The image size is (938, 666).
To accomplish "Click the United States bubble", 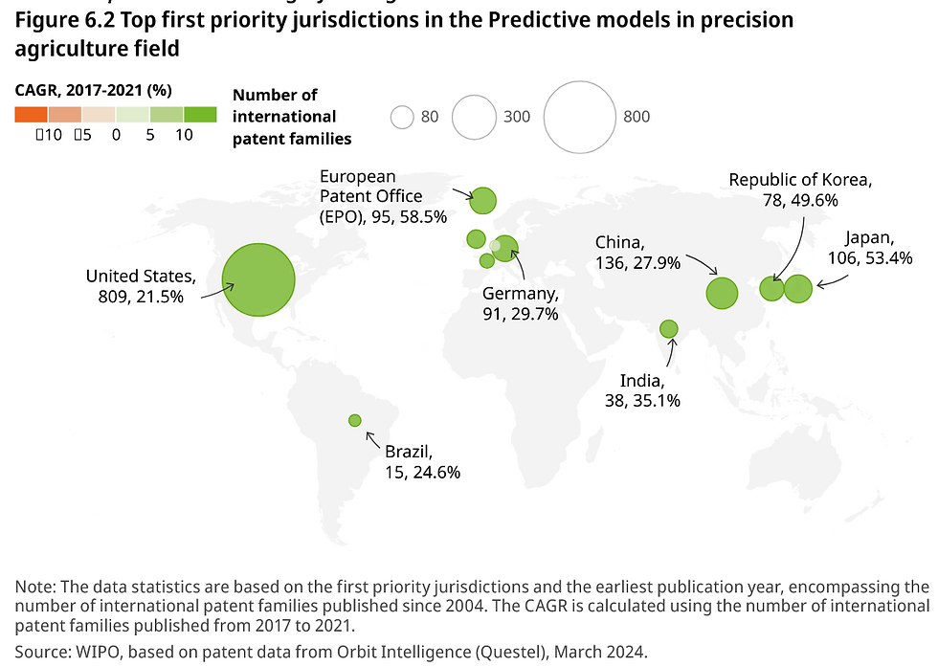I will pos(257,280).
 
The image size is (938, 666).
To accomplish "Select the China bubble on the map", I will pos(723,293).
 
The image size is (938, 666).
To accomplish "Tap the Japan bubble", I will pos(797,288).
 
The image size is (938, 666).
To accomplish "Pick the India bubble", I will pos(669,329).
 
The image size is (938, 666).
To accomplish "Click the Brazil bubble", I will pos(355,420).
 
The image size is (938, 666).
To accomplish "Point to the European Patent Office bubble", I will pos(483,200).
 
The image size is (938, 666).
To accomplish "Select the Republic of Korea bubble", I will pos(772,288).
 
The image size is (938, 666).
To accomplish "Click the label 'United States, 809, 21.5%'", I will pos(142,287).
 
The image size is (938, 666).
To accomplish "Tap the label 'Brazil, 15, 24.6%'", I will pos(423,461).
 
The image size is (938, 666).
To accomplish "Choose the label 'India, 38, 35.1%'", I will pos(642,390).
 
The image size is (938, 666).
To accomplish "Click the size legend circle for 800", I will pos(580,117).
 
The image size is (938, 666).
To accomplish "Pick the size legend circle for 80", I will pos(402,117).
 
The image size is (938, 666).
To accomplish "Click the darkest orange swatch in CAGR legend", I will pos(31,115).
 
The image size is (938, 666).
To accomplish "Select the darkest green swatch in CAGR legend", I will pos(200,115).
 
